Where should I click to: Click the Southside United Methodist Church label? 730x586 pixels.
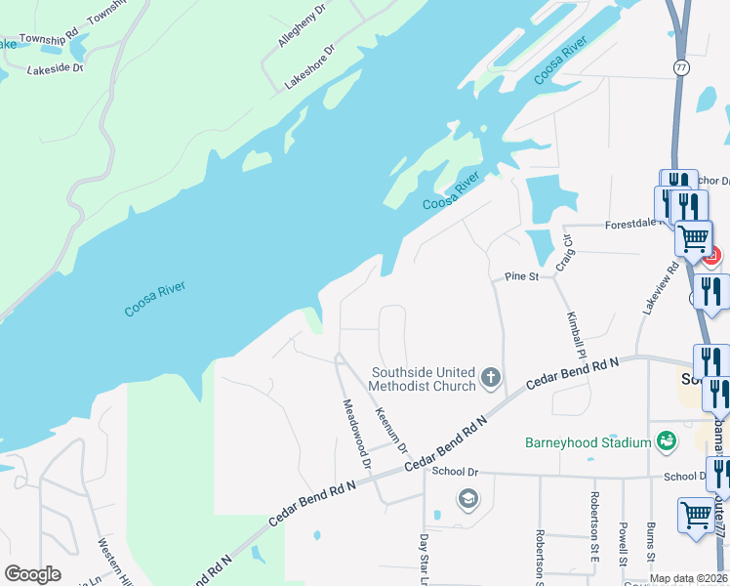click(x=423, y=379)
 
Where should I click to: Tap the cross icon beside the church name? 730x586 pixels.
click(x=491, y=376)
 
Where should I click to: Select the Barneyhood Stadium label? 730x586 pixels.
click(x=588, y=442)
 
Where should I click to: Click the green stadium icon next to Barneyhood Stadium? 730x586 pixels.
click(x=667, y=442)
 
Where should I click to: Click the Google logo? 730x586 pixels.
click(x=32, y=574)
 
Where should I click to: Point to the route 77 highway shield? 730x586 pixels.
click(x=679, y=67)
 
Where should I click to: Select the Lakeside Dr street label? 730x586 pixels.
click(x=56, y=68)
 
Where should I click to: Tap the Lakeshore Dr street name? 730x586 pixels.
click(x=309, y=67)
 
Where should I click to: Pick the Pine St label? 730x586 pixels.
click(x=521, y=277)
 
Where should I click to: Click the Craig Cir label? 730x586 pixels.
click(x=562, y=253)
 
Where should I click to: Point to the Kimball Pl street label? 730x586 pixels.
click(x=577, y=332)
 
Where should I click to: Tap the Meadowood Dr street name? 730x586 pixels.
click(x=356, y=434)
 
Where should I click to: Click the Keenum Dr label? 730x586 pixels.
click(x=390, y=430)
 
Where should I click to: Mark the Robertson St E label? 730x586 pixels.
click(x=594, y=519)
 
